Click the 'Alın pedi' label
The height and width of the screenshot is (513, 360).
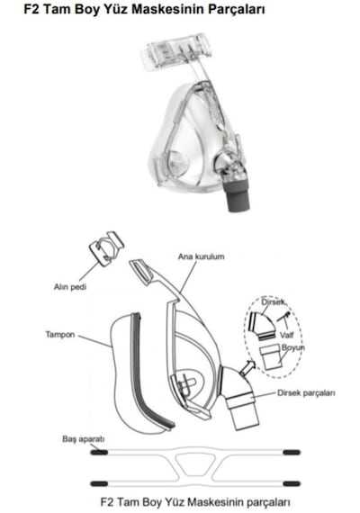70,287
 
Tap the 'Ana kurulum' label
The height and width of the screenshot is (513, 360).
201,256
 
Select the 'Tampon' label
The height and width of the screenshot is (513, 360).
60,335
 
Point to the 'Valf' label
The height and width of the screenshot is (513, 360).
286,335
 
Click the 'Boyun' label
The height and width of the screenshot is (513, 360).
292,347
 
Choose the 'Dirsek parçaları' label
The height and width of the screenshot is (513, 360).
306,393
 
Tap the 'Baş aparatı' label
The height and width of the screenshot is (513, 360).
83,439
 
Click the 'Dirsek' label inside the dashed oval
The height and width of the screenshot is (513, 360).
273,302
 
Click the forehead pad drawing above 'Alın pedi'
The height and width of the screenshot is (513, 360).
107,248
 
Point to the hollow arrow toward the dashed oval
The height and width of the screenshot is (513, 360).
247,367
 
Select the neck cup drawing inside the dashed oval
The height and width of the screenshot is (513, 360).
270,357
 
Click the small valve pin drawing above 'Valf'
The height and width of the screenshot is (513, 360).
283,317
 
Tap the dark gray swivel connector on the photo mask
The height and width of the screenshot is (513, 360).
237,195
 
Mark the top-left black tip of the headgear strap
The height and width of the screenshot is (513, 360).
99,453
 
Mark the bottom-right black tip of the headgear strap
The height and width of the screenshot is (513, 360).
292,483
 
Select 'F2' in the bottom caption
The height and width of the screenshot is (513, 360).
107,501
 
